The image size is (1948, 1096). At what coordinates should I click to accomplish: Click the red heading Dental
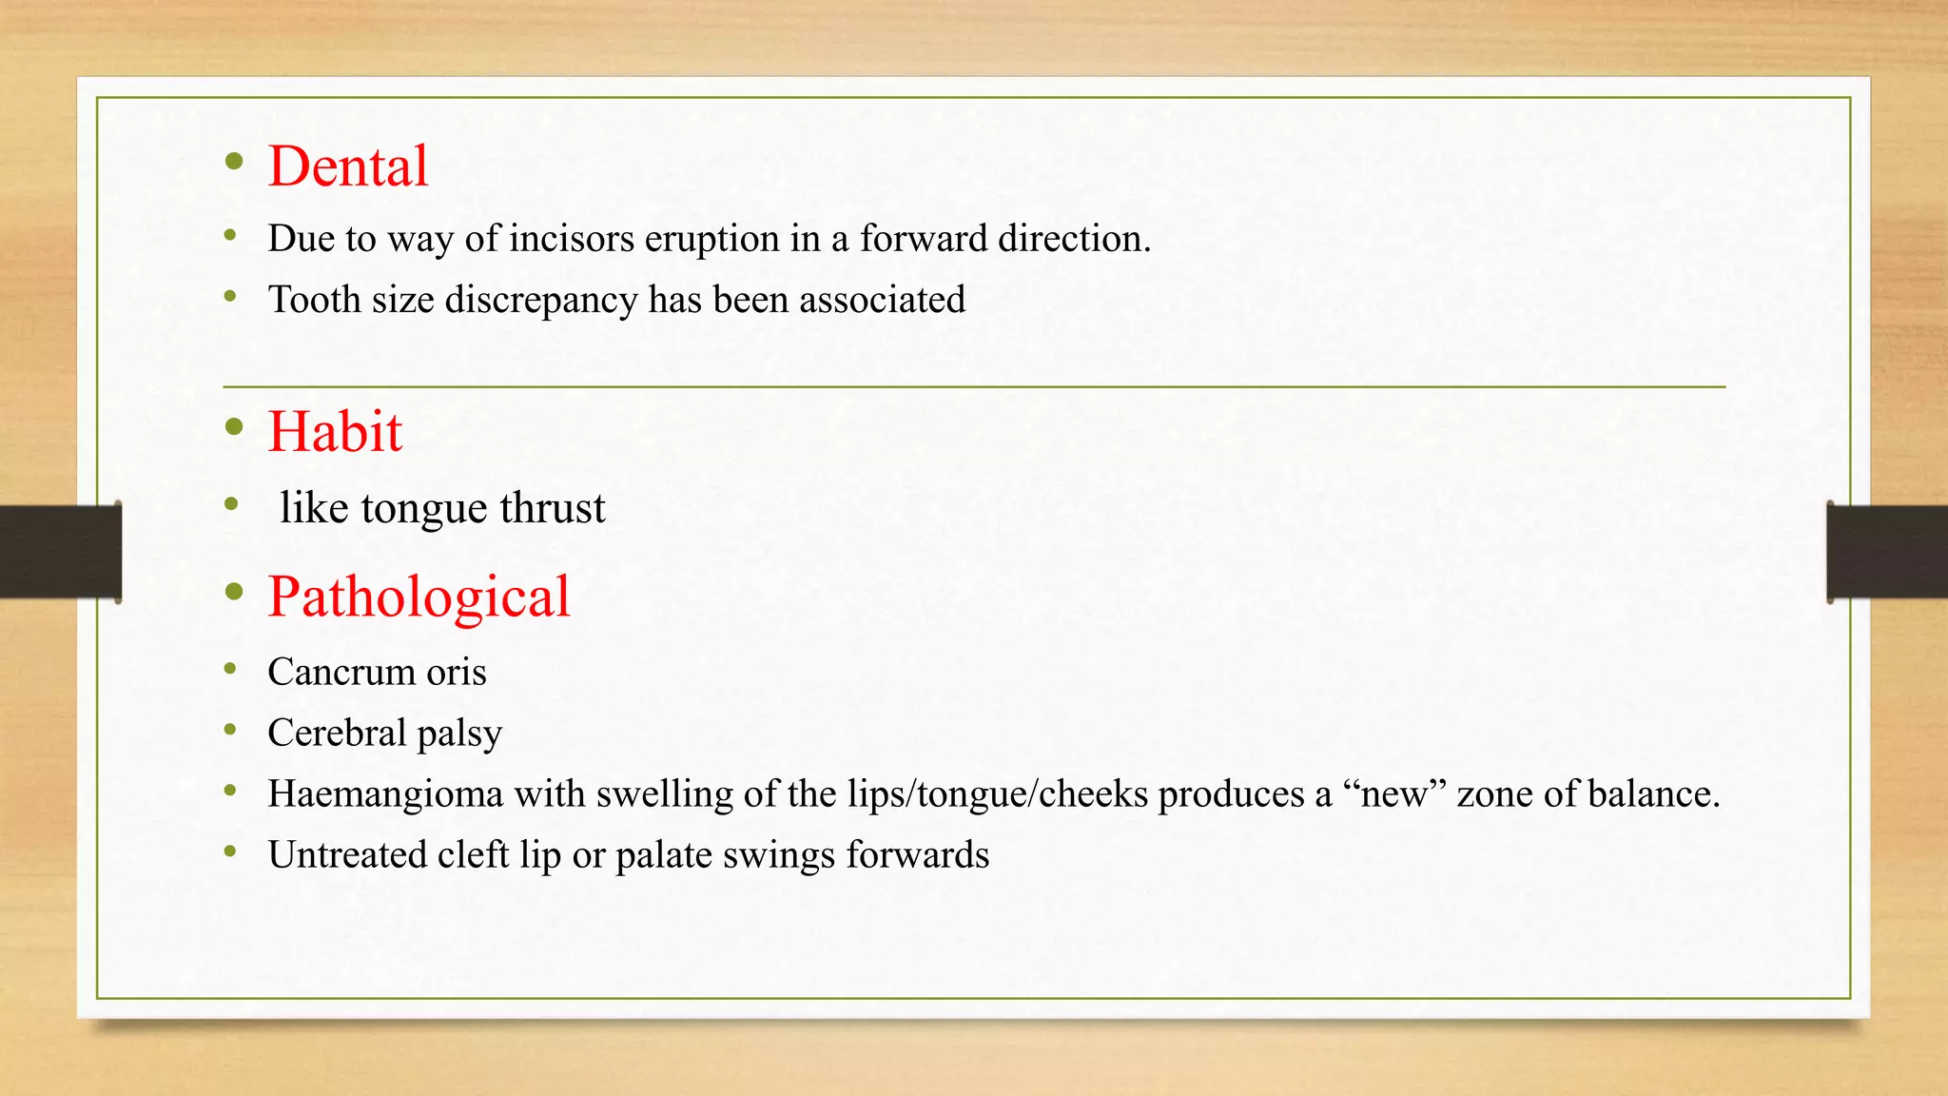click(348, 166)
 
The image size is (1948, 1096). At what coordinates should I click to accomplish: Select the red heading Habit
click(335, 432)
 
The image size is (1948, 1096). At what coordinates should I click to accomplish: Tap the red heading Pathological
click(419, 597)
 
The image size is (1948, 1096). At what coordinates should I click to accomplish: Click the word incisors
click(571, 239)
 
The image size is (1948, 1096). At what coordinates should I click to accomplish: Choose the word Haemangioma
click(385, 794)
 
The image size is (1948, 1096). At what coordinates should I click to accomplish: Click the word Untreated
click(346, 855)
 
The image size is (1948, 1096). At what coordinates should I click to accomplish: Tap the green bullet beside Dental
click(235, 163)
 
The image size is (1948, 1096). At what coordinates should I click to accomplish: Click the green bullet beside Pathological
click(235, 594)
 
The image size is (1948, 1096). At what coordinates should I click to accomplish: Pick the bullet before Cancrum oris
click(230, 669)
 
